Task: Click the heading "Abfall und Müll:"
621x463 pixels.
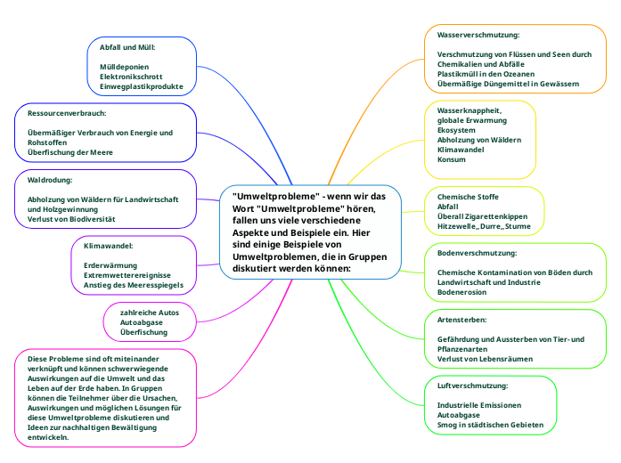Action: point(133,47)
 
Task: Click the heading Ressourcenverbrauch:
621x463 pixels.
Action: point(67,114)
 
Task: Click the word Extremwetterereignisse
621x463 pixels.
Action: point(127,275)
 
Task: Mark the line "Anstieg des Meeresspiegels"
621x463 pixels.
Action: point(134,285)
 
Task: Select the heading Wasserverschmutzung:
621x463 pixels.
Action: point(478,35)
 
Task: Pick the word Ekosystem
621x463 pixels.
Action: point(456,130)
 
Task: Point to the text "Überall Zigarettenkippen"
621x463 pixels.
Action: point(482,216)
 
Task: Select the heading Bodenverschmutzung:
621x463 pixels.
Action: point(477,254)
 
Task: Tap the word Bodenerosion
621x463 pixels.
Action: point(462,292)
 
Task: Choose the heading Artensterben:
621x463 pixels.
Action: point(462,319)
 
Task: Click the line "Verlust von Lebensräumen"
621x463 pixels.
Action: point(485,358)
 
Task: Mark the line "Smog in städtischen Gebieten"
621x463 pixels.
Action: point(490,425)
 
